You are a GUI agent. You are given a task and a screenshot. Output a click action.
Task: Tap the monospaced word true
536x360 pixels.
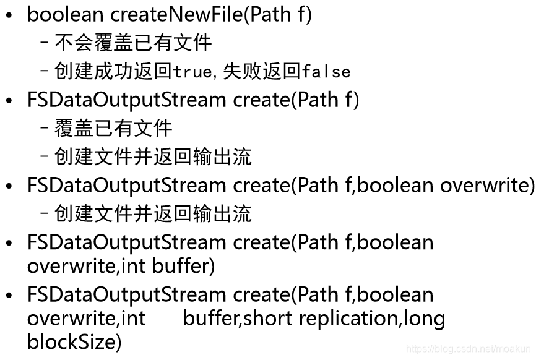pyautogui.click(x=192, y=72)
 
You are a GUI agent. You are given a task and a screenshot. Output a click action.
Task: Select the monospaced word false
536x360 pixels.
pyautogui.click(x=326, y=72)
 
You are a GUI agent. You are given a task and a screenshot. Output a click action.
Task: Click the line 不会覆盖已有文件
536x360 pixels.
pyautogui.click(x=133, y=43)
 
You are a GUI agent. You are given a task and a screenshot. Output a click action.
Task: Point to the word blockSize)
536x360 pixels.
pyautogui.click(x=74, y=341)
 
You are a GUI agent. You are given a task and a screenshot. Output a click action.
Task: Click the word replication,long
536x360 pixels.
pyautogui.click(x=371, y=318)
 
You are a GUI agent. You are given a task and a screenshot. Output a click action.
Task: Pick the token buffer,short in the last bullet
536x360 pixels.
pyautogui.click(x=238, y=318)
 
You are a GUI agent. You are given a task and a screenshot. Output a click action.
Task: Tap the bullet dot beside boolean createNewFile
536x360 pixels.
pyautogui.click(x=9, y=15)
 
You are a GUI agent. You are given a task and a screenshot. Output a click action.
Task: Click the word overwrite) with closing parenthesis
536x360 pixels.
pyautogui.click(x=487, y=185)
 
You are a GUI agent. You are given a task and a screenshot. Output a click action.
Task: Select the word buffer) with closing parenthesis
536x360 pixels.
pyautogui.click(x=183, y=267)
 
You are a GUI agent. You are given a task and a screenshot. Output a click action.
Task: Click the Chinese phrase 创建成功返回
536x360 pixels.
pyautogui.click(x=113, y=71)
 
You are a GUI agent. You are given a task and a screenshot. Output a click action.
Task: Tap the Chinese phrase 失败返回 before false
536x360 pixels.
pyautogui.click(x=262, y=71)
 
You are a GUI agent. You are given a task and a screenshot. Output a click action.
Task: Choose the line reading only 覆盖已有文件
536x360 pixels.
pyautogui.click(x=113, y=128)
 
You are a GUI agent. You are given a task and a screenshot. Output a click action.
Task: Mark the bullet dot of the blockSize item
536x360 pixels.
pyautogui.click(x=9, y=296)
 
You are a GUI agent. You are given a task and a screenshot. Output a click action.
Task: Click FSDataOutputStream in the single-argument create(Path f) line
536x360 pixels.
pyautogui.click(x=127, y=100)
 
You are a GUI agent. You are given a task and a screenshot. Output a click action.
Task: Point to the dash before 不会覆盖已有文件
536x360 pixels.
pyautogui.click(x=45, y=43)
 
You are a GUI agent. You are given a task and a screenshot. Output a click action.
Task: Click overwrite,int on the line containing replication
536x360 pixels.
pyautogui.click(x=86, y=318)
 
